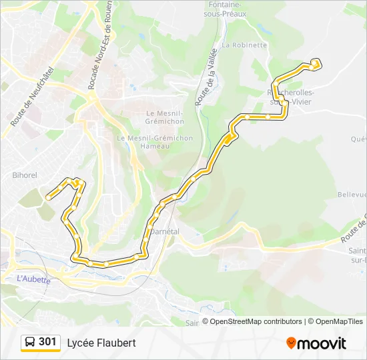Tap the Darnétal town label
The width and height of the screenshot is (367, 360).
pyautogui.click(x=165, y=231)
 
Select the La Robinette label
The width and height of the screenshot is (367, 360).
pyautogui.click(x=244, y=45)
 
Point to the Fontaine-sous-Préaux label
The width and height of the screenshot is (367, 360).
pyautogui.click(x=228, y=8)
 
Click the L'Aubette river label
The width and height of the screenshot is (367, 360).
pyautogui.click(x=33, y=279)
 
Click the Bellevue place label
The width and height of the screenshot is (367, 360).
pyautogui.click(x=352, y=195)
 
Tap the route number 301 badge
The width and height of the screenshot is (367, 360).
pyautogui.click(x=47, y=342)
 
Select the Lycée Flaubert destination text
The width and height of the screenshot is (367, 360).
pyautogui.click(x=101, y=343)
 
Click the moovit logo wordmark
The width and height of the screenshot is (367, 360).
pyautogui.click(x=322, y=343)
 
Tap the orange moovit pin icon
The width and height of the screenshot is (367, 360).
pyautogui.click(x=291, y=343)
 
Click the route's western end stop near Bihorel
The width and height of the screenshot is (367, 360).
pyautogui.click(x=48, y=197)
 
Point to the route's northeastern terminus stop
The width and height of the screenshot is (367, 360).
pyautogui.click(x=314, y=62)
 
